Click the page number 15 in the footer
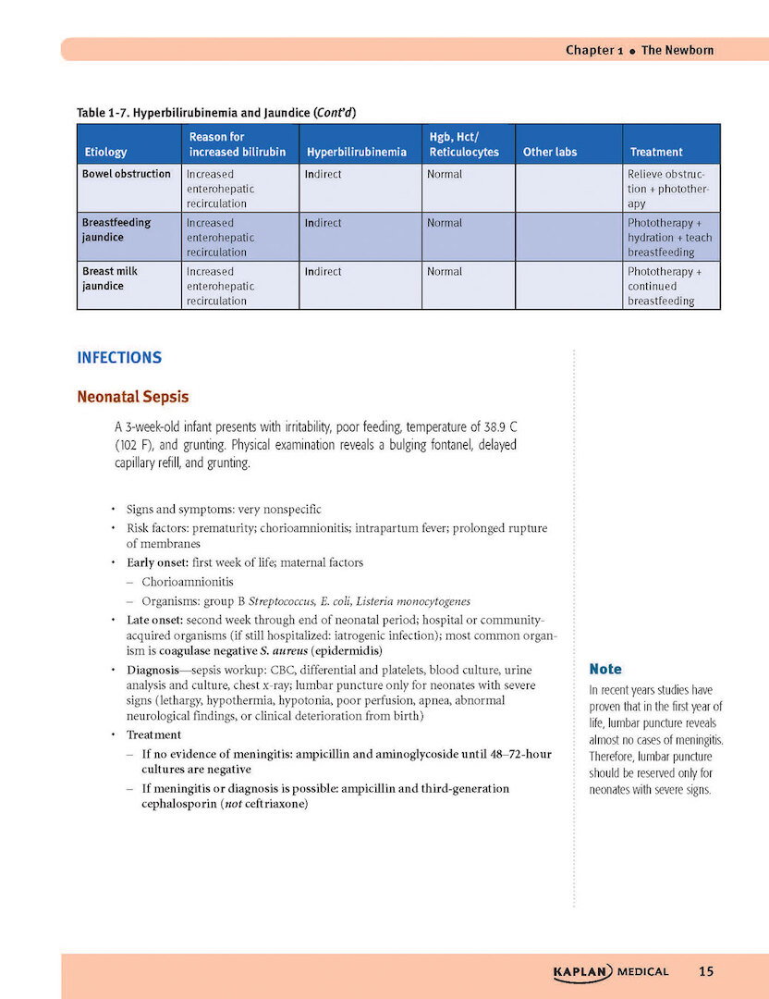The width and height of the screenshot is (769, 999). (706, 971)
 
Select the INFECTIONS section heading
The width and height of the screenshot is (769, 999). (119, 357)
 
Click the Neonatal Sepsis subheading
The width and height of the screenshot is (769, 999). (133, 397)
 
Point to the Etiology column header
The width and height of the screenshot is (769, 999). (105, 152)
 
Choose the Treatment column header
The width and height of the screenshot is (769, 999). (656, 152)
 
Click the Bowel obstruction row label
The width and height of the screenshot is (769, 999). (127, 174)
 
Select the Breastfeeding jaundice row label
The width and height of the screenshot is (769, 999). (116, 229)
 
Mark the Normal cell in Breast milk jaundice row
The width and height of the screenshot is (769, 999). (445, 272)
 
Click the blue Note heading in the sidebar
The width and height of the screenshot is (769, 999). (605, 669)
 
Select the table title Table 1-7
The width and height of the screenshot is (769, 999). (216, 113)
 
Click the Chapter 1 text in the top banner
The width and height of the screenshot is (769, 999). (590, 50)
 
